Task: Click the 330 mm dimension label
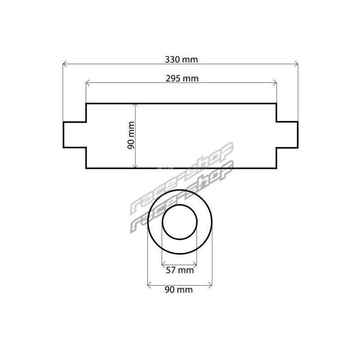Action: (x=181, y=60)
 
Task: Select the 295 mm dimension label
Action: (x=182, y=78)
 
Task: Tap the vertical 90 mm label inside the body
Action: (x=131, y=135)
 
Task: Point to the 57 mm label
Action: (x=180, y=270)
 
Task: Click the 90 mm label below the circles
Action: (x=179, y=290)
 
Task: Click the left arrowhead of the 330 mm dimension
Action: (x=64, y=64)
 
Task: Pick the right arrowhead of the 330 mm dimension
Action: (x=297, y=64)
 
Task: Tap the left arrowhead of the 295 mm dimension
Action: (x=87, y=83)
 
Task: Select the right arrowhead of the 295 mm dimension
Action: (x=275, y=83)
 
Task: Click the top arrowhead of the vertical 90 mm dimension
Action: (x=136, y=105)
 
